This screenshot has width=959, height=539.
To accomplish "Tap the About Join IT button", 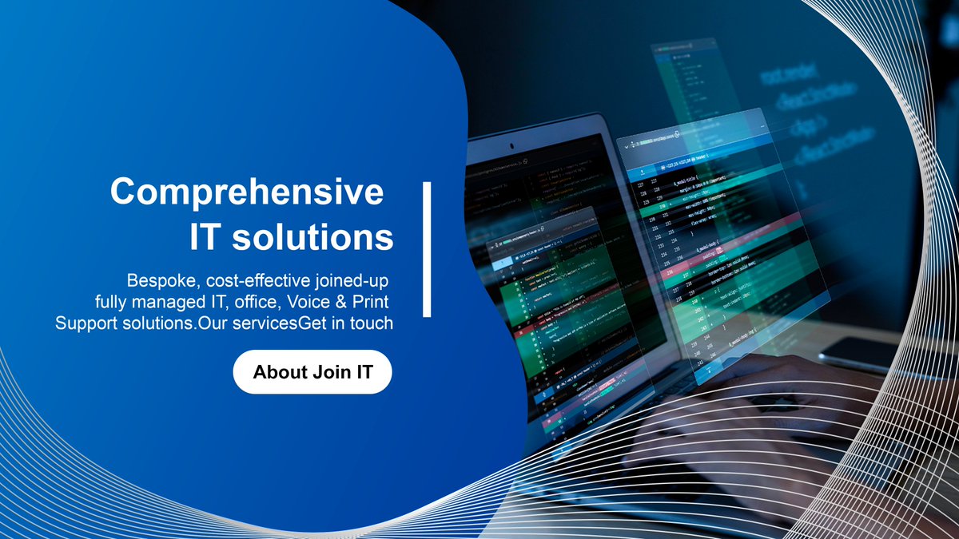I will point(312,372).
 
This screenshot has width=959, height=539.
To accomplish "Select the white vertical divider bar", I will point(427,249).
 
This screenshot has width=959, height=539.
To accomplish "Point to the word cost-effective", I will point(255,282).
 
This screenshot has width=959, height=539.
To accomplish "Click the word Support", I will point(82,324).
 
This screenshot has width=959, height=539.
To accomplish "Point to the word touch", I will point(372,324).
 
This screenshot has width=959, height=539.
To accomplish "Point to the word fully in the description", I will point(110,303).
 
